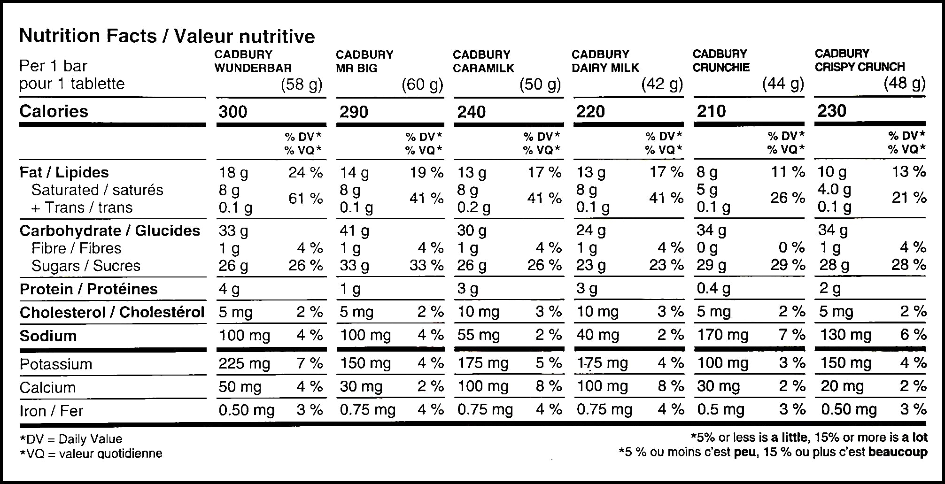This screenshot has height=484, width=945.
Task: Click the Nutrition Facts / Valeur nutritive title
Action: (x=167, y=36)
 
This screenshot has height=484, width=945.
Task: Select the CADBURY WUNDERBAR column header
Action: (x=253, y=61)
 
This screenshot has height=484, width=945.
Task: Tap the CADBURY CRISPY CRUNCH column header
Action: (x=860, y=60)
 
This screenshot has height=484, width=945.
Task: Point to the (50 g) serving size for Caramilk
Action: (x=540, y=85)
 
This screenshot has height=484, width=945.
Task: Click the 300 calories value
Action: (x=233, y=112)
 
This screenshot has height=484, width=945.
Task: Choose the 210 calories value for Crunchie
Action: (x=711, y=111)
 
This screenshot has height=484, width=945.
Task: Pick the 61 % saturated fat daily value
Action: (x=305, y=199)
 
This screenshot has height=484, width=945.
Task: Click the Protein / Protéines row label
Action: (x=89, y=289)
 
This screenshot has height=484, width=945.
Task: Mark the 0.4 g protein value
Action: (x=713, y=288)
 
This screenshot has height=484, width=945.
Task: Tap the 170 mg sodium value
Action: (x=722, y=335)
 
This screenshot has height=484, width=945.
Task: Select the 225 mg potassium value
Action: (x=244, y=363)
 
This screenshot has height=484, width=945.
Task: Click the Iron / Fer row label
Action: (x=51, y=411)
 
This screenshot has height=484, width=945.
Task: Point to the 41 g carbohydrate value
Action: (x=355, y=231)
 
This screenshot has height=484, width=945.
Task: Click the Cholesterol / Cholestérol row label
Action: (x=112, y=313)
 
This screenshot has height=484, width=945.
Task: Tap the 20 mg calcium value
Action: (x=842, y=386)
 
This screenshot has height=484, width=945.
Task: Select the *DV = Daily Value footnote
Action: (x=71, y=439)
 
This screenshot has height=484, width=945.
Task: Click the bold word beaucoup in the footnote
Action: (x=898, y=452)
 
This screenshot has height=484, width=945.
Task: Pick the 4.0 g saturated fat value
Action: (x=834, y=190)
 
